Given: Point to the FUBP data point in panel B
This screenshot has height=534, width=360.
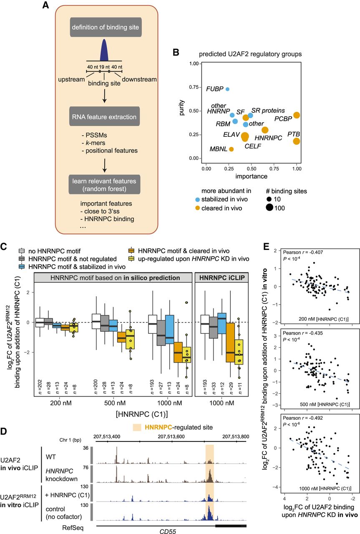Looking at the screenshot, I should tap(227, 89).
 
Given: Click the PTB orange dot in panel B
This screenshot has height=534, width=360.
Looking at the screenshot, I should tap(296, 141).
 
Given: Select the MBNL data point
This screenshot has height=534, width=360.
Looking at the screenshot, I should tap(231, 149).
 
